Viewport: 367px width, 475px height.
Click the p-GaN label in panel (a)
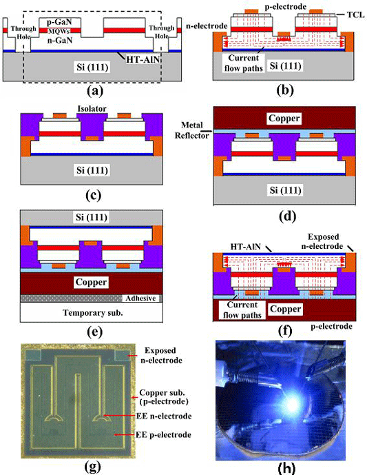pyautogui.click(x=60, y=22)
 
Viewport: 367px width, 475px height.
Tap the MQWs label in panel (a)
pyautogui.click(x=59, y=31)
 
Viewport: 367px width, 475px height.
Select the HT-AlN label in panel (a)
pyautogui.click(x=143, y=59)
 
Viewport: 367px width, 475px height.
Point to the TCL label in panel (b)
pyautogui.click(x=355, y=15)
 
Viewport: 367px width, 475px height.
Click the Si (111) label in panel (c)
pyautogui.click(x=92, y=170)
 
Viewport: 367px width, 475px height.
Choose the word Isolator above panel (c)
pyautogui.click(x=92, y=109)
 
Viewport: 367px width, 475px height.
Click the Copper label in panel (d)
pyautogui.click(x=284, y=118)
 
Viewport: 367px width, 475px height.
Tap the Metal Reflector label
pyautogui.click(x=192, y=130)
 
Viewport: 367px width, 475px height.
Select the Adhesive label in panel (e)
pyautogui.click(x=140, y=299)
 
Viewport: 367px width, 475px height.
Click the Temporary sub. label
pyautogui.click(x=92, y=312)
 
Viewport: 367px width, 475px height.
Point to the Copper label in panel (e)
pyautogui.click(x=91, y=282)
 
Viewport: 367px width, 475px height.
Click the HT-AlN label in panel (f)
pyautogui.click(x=246, y=247)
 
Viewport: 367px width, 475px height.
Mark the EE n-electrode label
pyautogui.click(x=164, y=416)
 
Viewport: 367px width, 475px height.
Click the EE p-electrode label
pyautogui.click(x=163, y=435)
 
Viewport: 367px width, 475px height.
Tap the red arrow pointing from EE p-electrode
pyautogui.click(x=125, y=435)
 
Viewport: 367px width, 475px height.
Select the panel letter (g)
pyautogui.click(x=92, y=467)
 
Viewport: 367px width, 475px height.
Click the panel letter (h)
pyautogui.click(x=286, y=468)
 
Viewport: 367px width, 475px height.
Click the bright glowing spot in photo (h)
pyautogui.click(x=292, y=402)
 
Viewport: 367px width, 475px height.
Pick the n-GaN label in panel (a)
pyautogui.click(x=60, y=40)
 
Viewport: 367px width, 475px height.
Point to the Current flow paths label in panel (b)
pyautogui.click(x=244, y=63)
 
